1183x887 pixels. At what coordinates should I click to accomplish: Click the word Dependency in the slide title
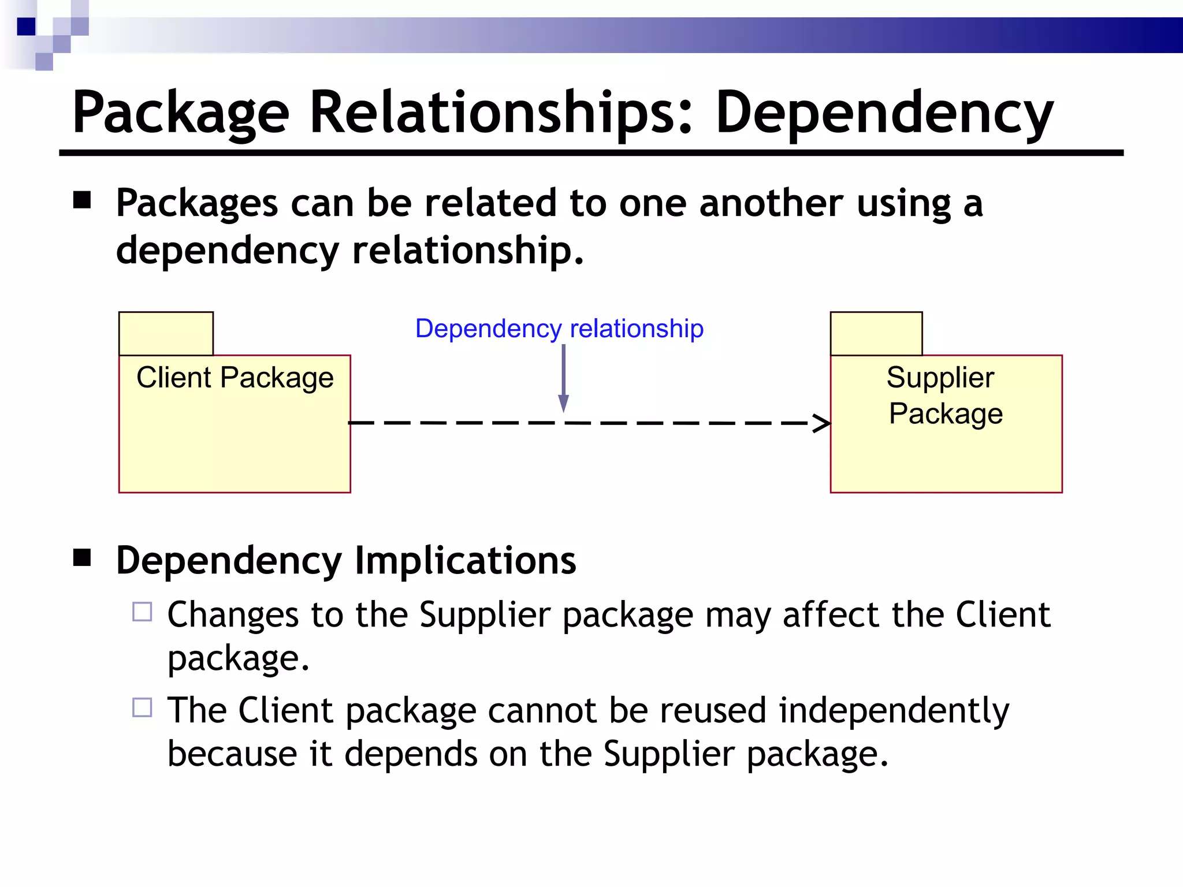click(x=884, y=113)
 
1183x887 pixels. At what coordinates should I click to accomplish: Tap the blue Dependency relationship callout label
click(x=559, y=329)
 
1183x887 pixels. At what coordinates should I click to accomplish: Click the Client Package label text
click(x=235, y=378)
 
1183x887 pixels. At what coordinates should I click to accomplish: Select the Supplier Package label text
click(x=945, y=396)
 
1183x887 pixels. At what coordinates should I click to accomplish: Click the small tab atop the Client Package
click(x=166, y=334)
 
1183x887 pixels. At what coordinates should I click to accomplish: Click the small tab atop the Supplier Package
click(x=876, y=334)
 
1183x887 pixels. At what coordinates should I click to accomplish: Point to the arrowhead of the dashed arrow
click(x=823, y=423)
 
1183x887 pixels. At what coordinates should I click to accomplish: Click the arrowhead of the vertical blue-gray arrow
click(x=563, y=403)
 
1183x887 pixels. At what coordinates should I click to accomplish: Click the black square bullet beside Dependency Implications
click(x=83, y=558)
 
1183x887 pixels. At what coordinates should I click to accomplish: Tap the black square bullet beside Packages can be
click(x=83, y=200)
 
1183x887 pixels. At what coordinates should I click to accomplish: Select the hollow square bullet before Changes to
click(x=142, y=612)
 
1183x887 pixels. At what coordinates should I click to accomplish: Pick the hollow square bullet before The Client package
click(x=142, y=707)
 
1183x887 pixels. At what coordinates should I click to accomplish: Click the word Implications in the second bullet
click(x=465, y=560)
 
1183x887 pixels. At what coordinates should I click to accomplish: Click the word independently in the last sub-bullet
click(x=894, y=710)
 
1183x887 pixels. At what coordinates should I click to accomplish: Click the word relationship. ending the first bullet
click(x=468, y=251)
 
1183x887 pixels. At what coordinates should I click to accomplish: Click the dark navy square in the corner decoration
click(x=26, y=27)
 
